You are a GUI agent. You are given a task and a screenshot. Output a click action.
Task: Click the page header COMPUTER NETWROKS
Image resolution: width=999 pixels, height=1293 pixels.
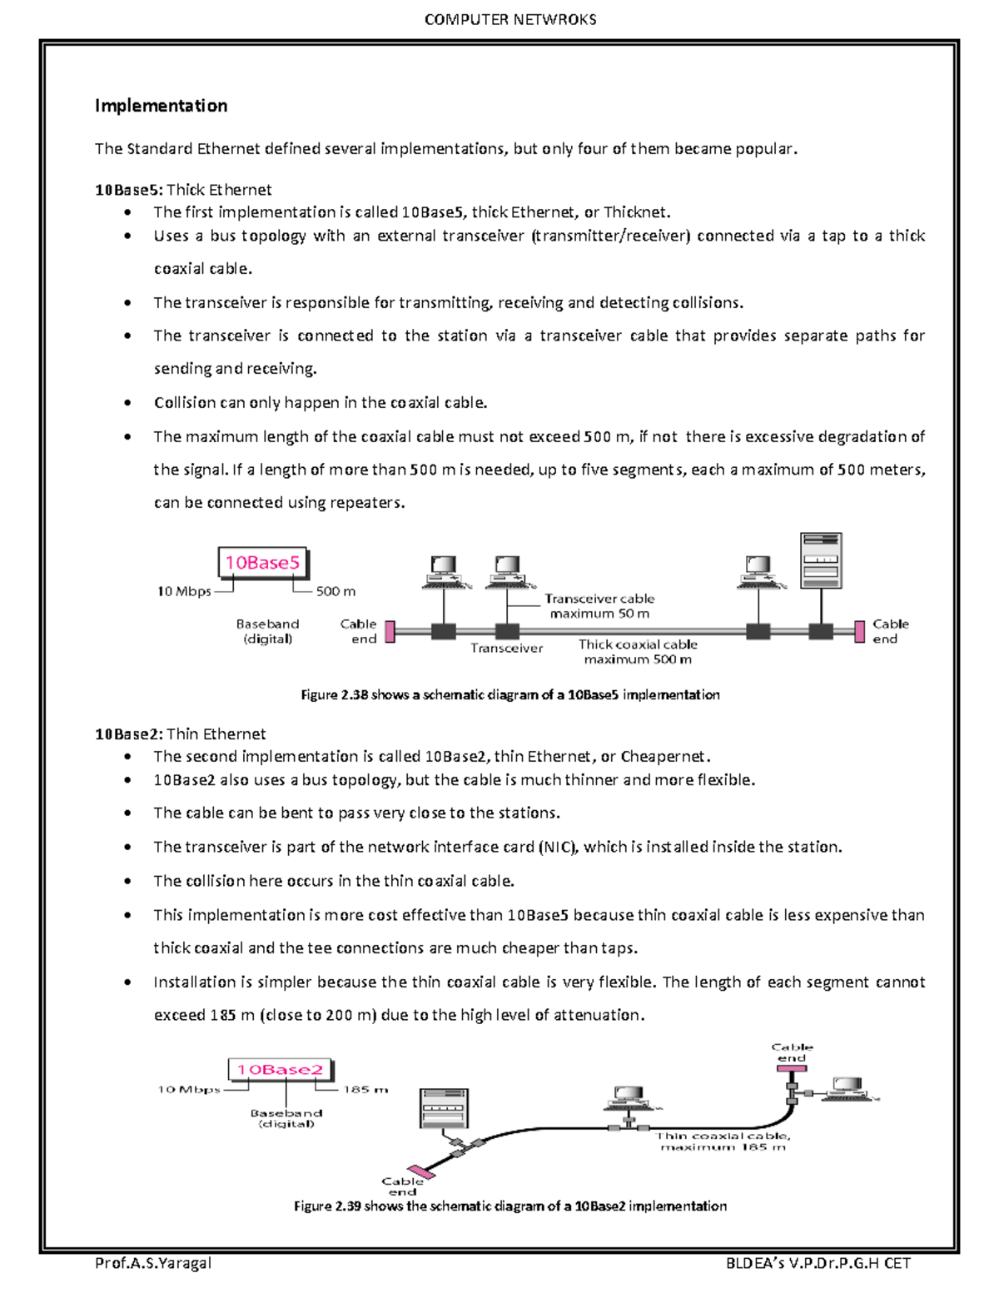click(509, 20)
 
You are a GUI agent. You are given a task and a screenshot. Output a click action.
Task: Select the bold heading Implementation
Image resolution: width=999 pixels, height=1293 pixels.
click(161, 106)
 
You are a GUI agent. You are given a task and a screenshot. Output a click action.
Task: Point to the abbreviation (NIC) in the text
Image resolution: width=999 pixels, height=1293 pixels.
click(558, 847)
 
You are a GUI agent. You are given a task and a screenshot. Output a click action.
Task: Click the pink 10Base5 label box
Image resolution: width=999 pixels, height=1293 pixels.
click(262, 564)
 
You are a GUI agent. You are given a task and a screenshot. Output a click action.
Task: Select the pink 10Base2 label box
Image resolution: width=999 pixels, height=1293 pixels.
click(280, 1070)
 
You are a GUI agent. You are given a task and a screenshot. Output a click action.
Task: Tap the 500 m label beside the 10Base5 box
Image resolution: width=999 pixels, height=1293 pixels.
click(335, 591)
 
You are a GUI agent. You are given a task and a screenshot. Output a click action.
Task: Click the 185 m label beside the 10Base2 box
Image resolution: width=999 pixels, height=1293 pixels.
click(365, 1089)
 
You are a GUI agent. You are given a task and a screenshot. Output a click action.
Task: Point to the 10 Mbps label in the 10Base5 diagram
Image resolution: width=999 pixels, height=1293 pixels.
click(184, 591)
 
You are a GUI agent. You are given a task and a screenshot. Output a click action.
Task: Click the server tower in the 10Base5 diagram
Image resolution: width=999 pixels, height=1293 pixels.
click(820, 560)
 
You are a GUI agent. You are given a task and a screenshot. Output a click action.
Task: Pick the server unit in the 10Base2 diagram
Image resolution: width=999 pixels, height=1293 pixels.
click(444, 1108)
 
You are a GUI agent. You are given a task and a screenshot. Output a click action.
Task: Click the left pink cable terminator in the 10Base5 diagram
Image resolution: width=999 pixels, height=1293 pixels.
click(389, 631)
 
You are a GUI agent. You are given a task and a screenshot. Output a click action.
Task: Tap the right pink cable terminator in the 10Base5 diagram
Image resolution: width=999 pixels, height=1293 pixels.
click(860, 631)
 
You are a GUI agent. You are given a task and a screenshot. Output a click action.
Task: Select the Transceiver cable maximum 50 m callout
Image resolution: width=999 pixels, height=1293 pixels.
click(599, 606)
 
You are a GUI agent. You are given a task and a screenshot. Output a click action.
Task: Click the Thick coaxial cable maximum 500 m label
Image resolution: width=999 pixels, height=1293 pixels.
click(638, 652)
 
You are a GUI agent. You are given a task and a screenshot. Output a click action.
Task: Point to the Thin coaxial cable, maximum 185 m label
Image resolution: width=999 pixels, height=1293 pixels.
click(723, 1141)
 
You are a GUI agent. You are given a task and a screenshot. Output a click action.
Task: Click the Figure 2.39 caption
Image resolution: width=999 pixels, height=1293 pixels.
click(509, 1206)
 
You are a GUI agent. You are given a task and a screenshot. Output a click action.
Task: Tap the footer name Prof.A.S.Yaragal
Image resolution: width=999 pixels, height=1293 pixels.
click(153, 1263)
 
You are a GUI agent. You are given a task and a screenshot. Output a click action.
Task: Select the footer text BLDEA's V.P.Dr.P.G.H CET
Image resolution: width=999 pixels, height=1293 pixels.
click(818, 1263)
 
